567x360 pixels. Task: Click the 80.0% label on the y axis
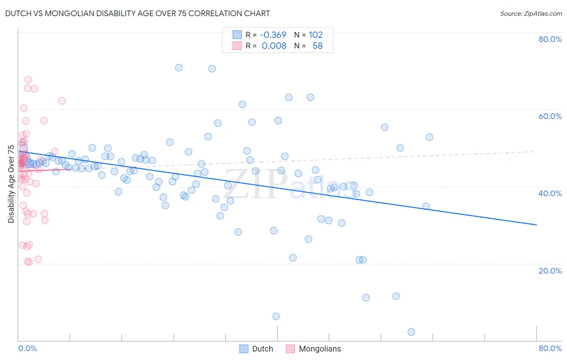point(550,39)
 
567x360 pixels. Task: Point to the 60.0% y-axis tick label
point(550,116)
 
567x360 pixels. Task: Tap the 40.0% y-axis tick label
point(550,193)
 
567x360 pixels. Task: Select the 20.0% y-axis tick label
point(550,271)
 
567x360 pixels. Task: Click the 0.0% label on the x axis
point(27,348)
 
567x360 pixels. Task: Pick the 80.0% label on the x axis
point(550,348)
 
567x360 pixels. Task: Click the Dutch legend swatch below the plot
point(244,349)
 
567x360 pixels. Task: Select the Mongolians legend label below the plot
point(320,349)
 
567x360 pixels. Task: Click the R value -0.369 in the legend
point(273,35)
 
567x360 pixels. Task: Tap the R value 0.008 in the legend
point(274,46)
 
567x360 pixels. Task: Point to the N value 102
point(316,35)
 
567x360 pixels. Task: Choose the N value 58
point(318,46)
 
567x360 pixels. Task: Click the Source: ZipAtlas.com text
point(531,13)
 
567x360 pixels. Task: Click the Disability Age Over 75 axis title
point(11,184)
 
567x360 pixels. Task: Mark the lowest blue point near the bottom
point(411,332)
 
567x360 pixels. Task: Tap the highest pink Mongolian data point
point(28,80)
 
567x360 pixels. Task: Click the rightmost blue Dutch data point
point(429,137)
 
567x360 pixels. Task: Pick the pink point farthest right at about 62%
point(62,101)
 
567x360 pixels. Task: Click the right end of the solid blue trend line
point(536,224)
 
